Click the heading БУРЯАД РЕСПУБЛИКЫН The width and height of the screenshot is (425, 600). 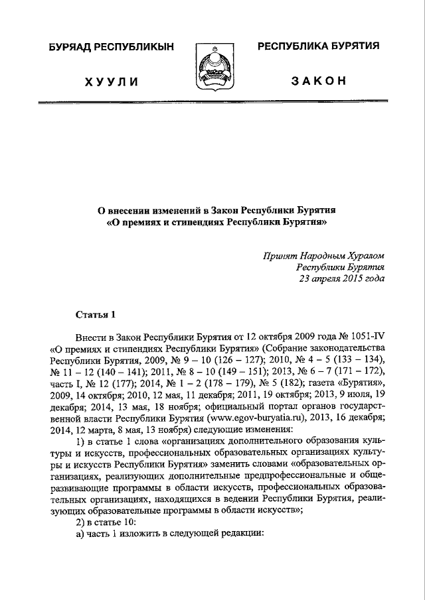111,47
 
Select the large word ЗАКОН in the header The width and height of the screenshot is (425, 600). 318,82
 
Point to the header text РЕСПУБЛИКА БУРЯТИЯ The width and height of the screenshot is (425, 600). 318,46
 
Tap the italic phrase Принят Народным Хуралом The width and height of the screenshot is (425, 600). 323,255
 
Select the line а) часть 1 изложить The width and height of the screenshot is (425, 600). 170,535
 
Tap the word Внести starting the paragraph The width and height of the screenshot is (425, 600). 93,336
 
